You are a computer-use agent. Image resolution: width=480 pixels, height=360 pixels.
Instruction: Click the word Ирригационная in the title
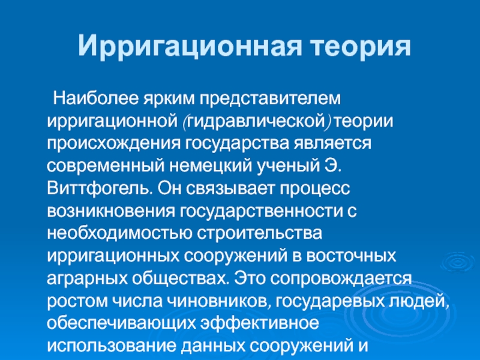tap(190, 47)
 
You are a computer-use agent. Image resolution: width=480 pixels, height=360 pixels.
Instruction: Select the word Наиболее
tap(96, 98)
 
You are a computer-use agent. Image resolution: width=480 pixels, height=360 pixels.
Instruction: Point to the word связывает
tap(230, 188)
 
